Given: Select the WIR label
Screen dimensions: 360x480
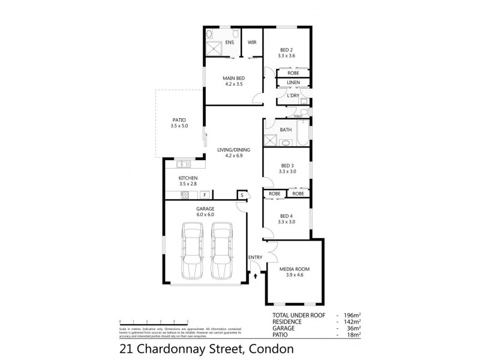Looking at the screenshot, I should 252,43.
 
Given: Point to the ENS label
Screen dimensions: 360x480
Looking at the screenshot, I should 229,43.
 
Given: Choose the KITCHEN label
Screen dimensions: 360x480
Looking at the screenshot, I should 188,178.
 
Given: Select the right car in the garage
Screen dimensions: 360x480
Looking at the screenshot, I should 221,251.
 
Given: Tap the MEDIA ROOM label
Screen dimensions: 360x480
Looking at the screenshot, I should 293,269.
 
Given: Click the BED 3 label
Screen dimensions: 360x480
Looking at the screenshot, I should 287,166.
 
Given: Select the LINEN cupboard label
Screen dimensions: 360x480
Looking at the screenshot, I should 293,83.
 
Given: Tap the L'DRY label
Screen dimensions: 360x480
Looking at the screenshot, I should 293,95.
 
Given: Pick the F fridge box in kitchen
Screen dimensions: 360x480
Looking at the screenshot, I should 205,195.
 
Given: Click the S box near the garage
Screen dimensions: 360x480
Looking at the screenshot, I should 242,195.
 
